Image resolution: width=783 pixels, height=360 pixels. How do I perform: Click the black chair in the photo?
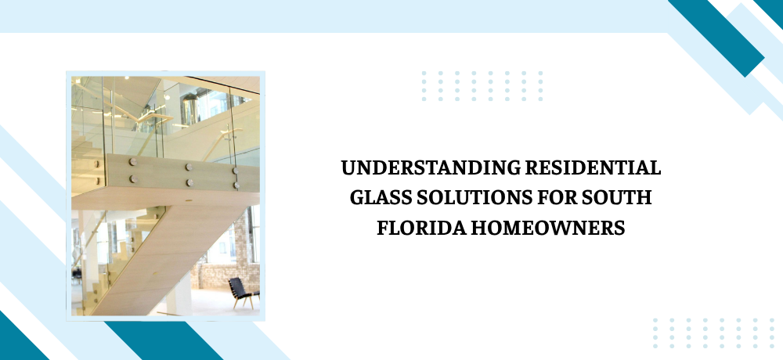(244, 293)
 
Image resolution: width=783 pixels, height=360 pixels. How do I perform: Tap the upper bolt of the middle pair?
(189, 167)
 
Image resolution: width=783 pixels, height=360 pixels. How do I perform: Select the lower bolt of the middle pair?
(189, 182)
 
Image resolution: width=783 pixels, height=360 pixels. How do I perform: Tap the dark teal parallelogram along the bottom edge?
(164, 340)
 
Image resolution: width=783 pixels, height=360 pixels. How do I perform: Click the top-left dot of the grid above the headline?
(424, 74)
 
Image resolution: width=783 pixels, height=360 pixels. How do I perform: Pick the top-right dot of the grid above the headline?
(540, 74)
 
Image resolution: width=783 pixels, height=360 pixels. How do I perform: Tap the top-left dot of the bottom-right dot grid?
(655, 321)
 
